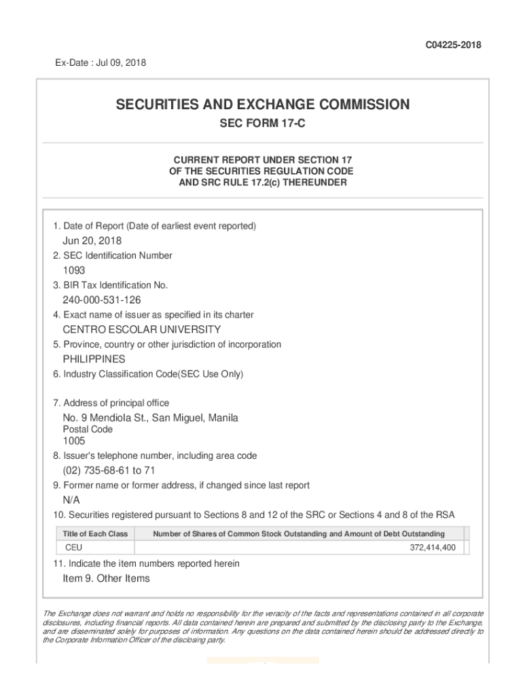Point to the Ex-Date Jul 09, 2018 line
[101, 63]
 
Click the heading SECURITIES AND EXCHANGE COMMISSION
[262, 105]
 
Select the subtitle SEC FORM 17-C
[262, 126]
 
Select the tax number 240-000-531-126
[102, 300]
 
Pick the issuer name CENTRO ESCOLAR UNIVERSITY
[141, 329]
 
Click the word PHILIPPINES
[94, 359]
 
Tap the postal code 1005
[74, 441]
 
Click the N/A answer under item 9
[71, 500]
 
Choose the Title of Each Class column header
[95, 534]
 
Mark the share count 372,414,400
[433, 547]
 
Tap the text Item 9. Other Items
[106, 578]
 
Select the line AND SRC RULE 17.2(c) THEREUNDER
[262, 183]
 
